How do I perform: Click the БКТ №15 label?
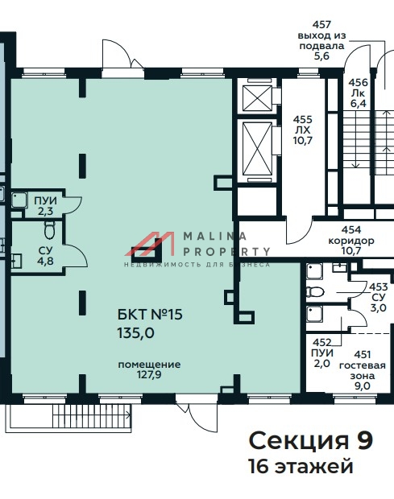(x=150, y=315)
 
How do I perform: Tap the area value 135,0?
(x=136, y=333)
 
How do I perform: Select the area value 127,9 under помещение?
(x=149, y=375)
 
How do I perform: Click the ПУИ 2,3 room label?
(x=45, y=206)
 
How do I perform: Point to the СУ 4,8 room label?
(x=46, y=256)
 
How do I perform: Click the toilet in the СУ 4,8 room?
(x=49, y=229)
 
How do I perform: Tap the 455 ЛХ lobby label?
(x=303, y=130)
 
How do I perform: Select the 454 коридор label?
(x=351, y=241)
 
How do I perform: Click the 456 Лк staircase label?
(x=358, y=93)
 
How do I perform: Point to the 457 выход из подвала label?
(x=321, y=40)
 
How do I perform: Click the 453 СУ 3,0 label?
(x=379, y=297)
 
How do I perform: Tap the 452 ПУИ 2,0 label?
(x=322, y=353)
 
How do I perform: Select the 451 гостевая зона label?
(x=362, y=370)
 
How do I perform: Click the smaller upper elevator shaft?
(x=257, y=98)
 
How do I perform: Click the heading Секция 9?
(x=310, y=441)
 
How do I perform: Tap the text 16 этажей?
(x=301, y=467)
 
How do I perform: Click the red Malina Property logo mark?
(x=150, y=244)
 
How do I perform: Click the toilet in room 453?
(x=315, y=291)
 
